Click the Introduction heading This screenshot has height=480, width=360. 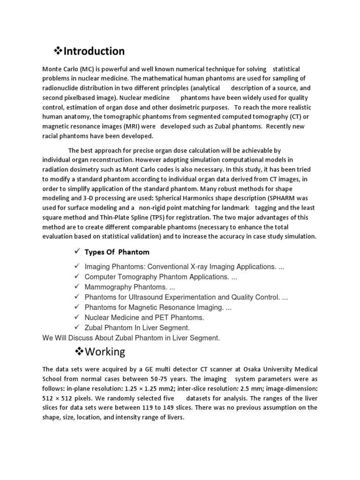click(94, 51)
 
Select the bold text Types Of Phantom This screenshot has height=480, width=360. click(117, 252)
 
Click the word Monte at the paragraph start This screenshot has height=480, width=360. click(52, 69)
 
